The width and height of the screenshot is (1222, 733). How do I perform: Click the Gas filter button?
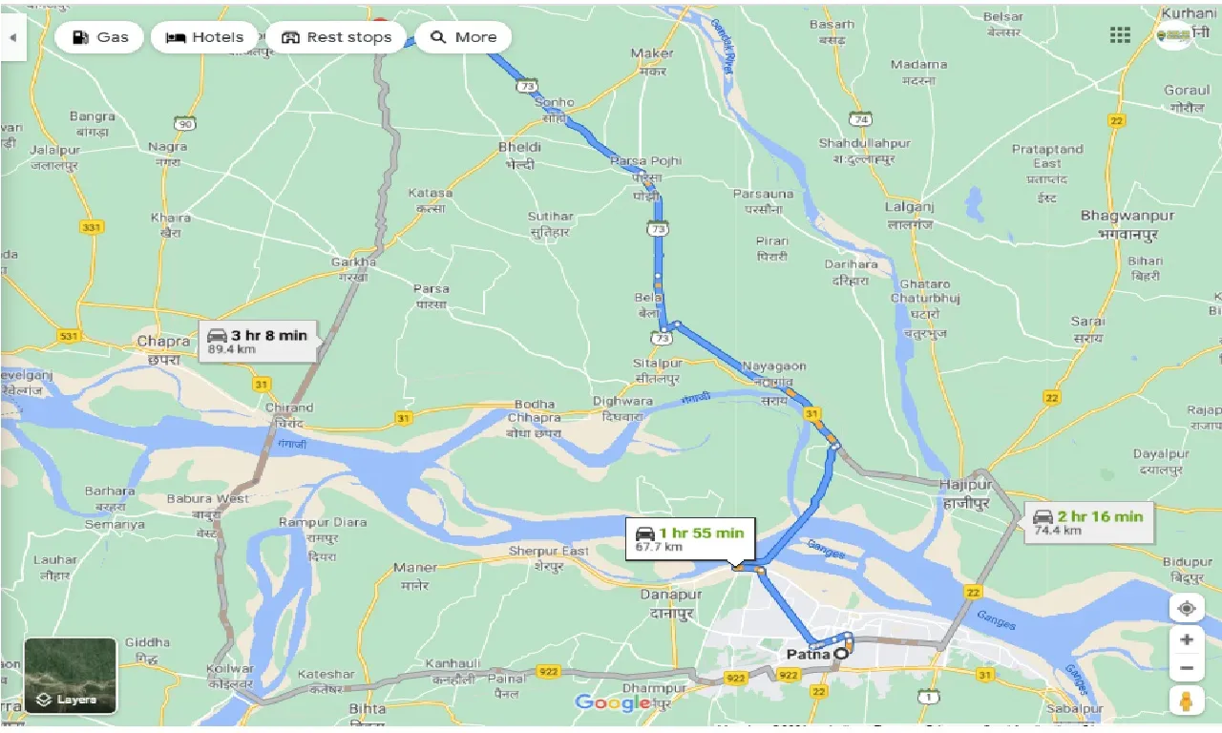tap(99, 37)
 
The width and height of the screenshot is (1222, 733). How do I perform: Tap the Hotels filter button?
tap(204, 37)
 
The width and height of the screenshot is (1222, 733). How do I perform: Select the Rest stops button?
tap(336, 37)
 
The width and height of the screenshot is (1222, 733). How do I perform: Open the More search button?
tap(463, 37)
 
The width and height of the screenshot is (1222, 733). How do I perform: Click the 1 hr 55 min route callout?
tap(690, 538)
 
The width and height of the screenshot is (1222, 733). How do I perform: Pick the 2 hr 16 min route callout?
tap(1086, 521)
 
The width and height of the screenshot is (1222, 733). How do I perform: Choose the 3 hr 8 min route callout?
tap(258, 341)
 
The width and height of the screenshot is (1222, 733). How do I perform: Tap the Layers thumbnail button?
tap(71, 676)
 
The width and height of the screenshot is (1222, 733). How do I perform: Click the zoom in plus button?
tap(1186, 639)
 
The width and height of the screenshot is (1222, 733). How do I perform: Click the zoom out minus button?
tap(1186, 668)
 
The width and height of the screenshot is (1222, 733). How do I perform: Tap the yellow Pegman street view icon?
tap(1186, 701)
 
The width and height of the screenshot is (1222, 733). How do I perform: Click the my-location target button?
tap(1186, 608)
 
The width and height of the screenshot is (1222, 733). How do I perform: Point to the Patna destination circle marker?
tap(841, 655)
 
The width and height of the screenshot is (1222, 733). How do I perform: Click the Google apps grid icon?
tap(1120, 35)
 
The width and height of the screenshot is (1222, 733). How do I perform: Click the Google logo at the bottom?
tap(611, 703)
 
